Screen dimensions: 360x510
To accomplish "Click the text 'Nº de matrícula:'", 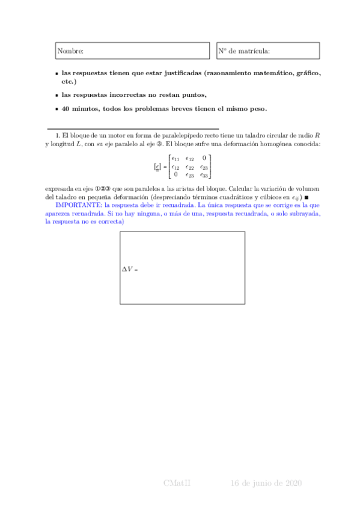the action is (244, 52).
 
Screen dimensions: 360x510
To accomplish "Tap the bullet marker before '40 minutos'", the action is (56, 109).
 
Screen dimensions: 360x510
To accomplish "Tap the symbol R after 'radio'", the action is (317, 136).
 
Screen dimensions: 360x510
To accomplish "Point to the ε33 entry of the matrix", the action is (204, 175).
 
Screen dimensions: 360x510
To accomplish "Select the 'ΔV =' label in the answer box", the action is (130, 269).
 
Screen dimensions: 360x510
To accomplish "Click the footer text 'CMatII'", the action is (177, 484).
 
